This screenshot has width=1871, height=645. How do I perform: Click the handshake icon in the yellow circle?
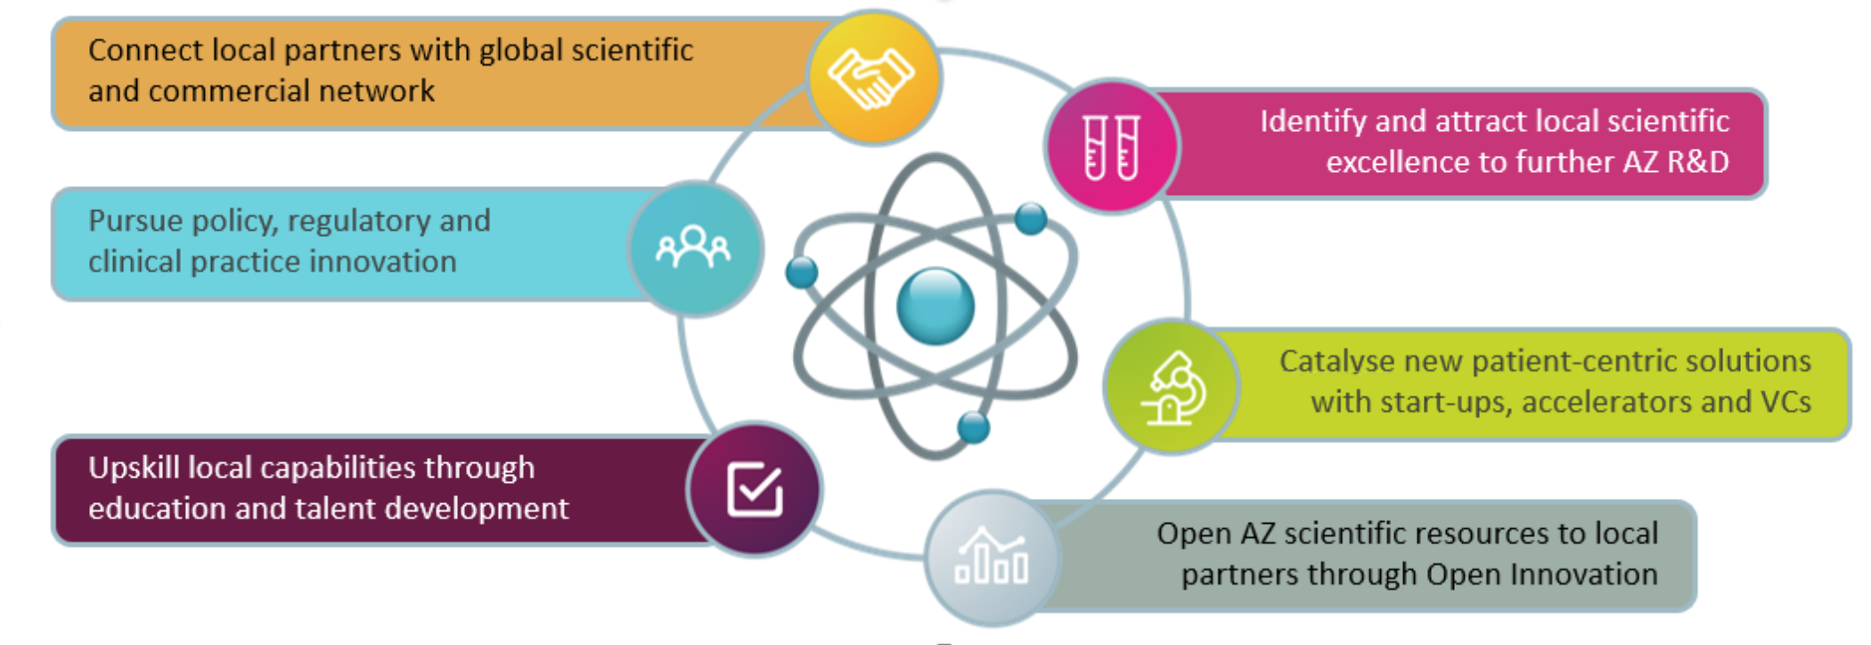point(870,78)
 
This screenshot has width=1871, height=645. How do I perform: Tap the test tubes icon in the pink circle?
point(1111,147)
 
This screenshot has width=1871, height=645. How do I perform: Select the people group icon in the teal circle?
point(693,247)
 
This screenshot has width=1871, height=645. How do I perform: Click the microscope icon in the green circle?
point(1172,388)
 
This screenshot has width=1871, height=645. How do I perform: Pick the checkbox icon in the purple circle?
point(755,488)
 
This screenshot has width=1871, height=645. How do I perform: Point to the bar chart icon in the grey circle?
point(991,558)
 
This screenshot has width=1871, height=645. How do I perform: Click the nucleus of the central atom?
point(935,306)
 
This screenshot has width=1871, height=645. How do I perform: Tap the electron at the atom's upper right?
point(1031,218)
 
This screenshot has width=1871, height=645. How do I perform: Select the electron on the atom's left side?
point(802,273)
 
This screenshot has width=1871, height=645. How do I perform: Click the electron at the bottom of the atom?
point(973,428)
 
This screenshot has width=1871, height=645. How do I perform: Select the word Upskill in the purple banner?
point(134,469)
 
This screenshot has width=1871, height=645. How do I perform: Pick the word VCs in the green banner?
point(1785,402)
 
